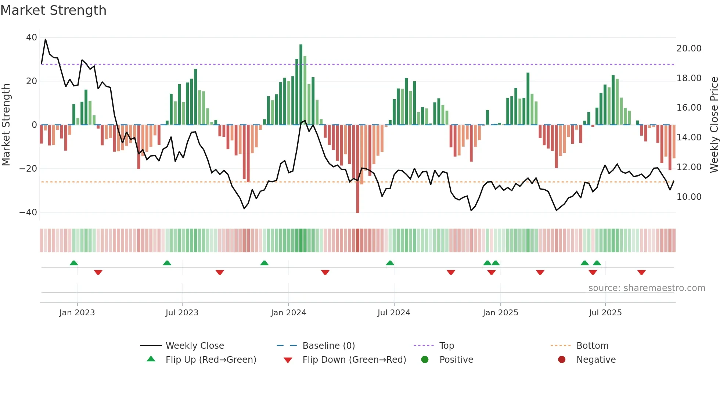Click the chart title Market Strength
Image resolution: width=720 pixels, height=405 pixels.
point(53,10)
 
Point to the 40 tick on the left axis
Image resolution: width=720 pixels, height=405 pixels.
point(32,37)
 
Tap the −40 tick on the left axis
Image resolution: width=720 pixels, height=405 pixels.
point(28,212)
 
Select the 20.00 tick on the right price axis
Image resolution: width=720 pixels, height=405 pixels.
point(689,49)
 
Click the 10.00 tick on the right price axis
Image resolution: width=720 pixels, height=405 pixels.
point(689,197)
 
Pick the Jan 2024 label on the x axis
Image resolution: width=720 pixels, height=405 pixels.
point(288,313)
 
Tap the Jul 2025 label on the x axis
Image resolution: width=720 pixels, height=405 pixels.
point(605,313)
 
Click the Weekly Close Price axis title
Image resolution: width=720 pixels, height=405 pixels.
point(714,125)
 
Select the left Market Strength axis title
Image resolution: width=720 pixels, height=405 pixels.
point(6,125)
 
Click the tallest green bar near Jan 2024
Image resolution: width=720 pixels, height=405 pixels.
point(301,85)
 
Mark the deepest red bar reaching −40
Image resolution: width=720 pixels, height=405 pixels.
point(357,169)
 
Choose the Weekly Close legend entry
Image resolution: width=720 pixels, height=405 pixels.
point(194,346)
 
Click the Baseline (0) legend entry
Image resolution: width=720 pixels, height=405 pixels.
point(328,346)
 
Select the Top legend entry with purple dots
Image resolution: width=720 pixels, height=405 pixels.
point(446,346)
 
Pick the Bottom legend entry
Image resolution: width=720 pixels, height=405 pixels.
point(592,346)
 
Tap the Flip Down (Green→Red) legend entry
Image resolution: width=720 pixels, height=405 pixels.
point(354,360)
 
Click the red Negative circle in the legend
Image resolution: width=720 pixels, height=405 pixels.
point(562,360)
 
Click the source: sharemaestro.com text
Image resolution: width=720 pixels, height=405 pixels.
point(647,288)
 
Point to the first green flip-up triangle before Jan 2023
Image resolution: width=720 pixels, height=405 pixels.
point(74,263)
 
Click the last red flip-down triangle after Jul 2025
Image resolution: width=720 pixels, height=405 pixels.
point(641,272)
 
